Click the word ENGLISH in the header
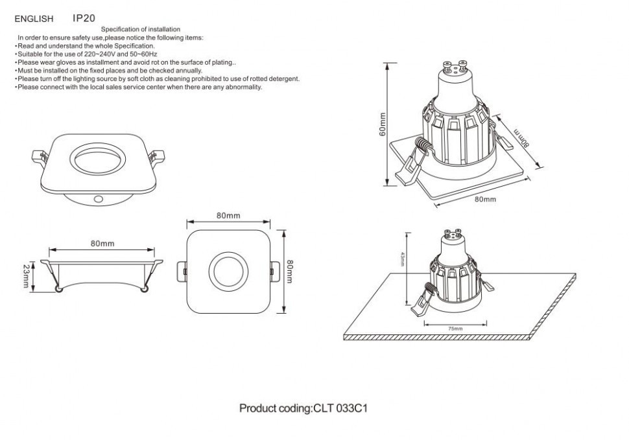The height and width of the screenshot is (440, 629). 34,20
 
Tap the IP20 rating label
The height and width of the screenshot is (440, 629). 84,19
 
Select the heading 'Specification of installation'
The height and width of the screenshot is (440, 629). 141,30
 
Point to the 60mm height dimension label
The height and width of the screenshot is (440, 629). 383,124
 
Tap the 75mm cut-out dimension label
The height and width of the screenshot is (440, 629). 455,329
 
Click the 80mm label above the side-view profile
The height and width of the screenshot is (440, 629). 102,244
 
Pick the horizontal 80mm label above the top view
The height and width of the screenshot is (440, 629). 228,215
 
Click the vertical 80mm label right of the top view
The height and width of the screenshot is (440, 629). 291,272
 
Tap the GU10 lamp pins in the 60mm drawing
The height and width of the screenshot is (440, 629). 455,65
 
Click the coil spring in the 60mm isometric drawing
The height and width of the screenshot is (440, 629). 422,148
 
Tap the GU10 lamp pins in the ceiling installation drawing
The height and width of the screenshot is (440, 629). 452,231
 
